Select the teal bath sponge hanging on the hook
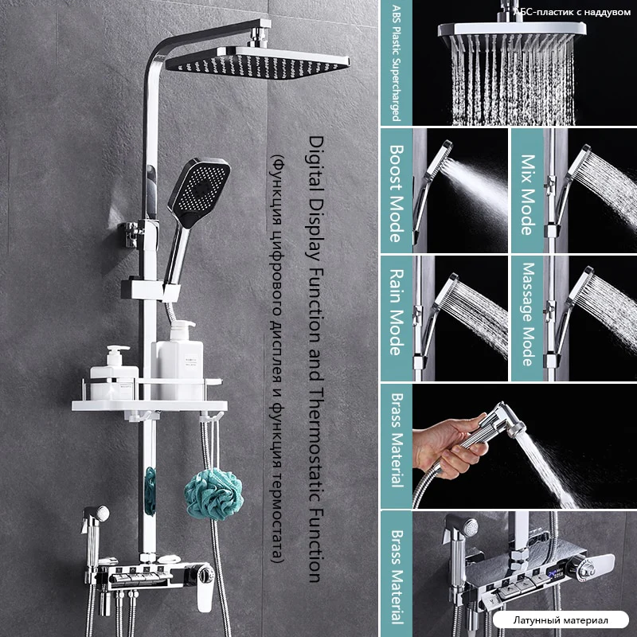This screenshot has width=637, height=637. point(213,494)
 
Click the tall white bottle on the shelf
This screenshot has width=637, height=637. point(178,360)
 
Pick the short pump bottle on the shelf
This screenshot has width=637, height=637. point(114,373)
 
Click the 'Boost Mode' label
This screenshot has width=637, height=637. point(396,193)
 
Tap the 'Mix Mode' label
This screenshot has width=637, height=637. point(527,194)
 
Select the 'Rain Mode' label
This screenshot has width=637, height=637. point(396,311)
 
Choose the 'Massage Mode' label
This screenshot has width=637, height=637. point(527,314)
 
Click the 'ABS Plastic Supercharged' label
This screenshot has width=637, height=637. point(396,64)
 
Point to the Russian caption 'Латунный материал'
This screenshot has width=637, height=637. point(561,620)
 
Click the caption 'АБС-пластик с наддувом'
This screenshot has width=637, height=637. point(573,12)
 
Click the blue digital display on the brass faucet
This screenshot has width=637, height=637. point(555,574)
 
